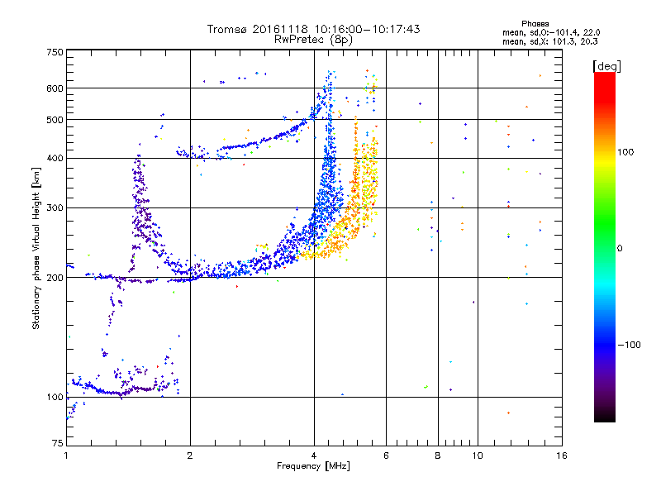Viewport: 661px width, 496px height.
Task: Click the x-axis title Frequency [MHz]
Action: coord(314,466)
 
